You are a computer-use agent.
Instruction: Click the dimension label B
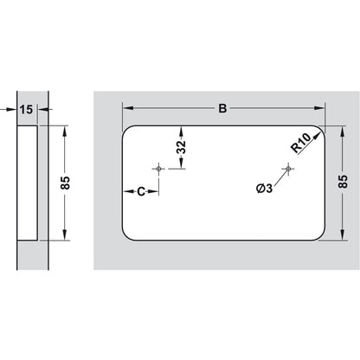point(222,109)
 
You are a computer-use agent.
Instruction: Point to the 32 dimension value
point(181,147)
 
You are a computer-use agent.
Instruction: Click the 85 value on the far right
point(344,181)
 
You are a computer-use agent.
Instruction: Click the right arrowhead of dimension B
point(322,109)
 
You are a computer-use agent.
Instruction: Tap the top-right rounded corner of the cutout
point(320,131)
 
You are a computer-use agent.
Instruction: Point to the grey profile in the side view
point(26,182)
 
